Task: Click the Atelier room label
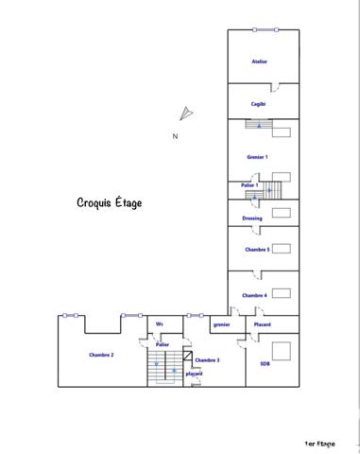click(x=259, y=61)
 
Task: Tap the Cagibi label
click(x=258, y=104)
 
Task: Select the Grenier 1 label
click(x=257, y=157)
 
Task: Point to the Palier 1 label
click(x=249, y=184)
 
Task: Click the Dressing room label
click(x=251, y=218)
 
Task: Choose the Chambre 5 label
click(x=257, y=250)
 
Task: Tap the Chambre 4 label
click(x=254, y=296)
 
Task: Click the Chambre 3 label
click(x=207, y=360)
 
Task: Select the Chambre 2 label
click(x=101, y=355)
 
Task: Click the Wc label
click(x=160, y=324)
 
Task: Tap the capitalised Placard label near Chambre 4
click(x=262, y=324)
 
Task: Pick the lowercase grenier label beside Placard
click(x=221, y=324)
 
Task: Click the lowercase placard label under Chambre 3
click(x=194, y=374)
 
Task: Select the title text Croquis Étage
click(x=109, y=203)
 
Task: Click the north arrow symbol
click(x=186, y=113)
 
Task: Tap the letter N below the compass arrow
click(x=175, y=136)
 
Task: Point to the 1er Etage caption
click(x=320, y=443)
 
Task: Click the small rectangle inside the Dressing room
click(x=281, y=213)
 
